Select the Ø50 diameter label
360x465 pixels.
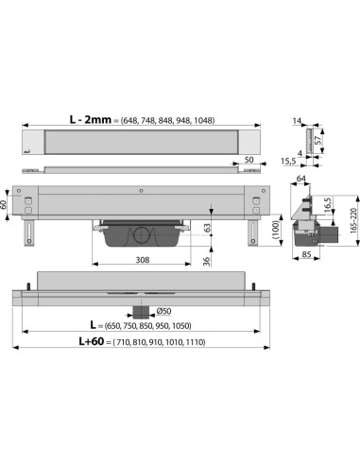163,310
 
